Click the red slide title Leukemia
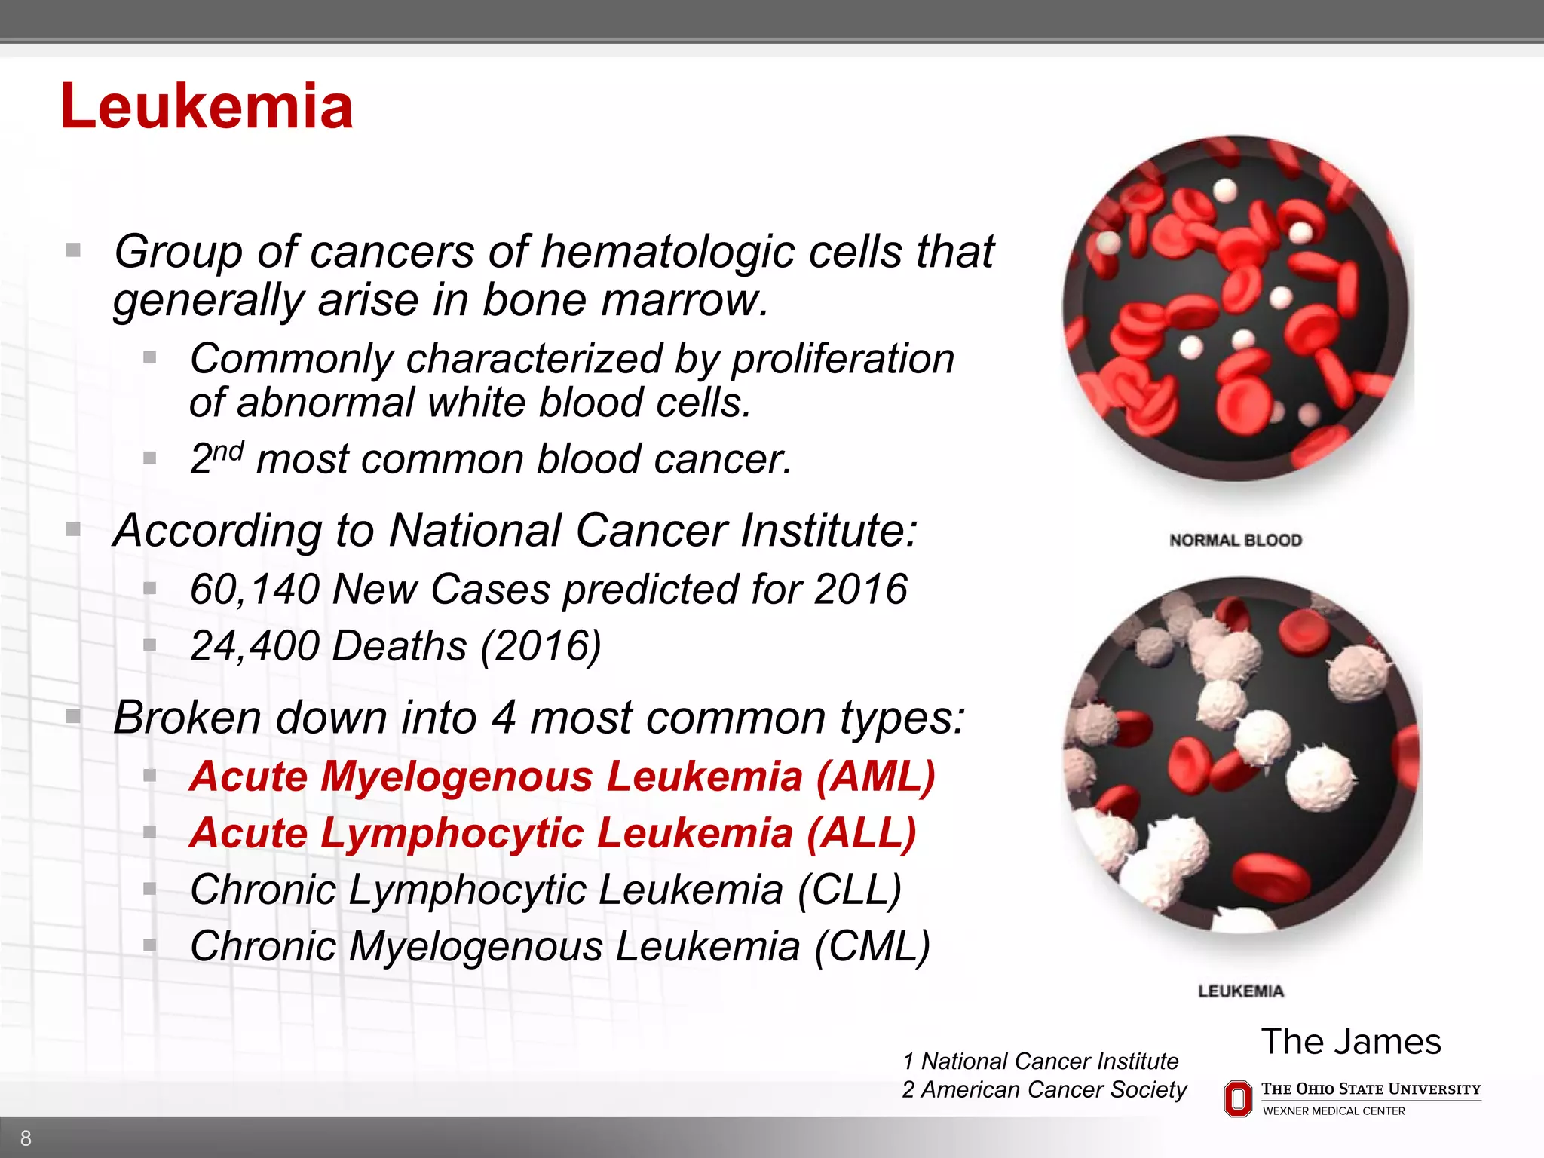pyautogui.click(x=207, y=107)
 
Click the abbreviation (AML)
pyautogui.click(x=875, y=777)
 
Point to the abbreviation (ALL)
pyautogui.click(x=861, y=834)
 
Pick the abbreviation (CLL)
pyautogui.click(x=850, y=890)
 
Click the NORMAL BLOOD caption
pyautogui.click(x=1236, y=540)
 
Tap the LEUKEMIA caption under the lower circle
pyautogui.click(x=1241, y=991)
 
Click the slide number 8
pyautogui.click(x=26, y=1138)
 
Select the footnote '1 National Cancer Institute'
pyautogui.click(x=1040, y=1061)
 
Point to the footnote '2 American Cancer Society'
pyautogui.click(x=1044, y=1090)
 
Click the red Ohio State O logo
pyautogui.click(x=1237, y=1098)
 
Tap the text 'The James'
pyautogui.click(x=1351, y=1042)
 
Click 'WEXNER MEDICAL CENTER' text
pyautogui.click(x=1334, y=1111)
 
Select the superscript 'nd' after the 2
pyautogui.click(x=228, y=452)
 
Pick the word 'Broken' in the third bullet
pyautogui.click(x=188, y=718)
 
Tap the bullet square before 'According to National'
pyautogui.click(x=73, y=529)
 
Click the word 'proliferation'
pyautogui.click(x=843, y=359)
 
